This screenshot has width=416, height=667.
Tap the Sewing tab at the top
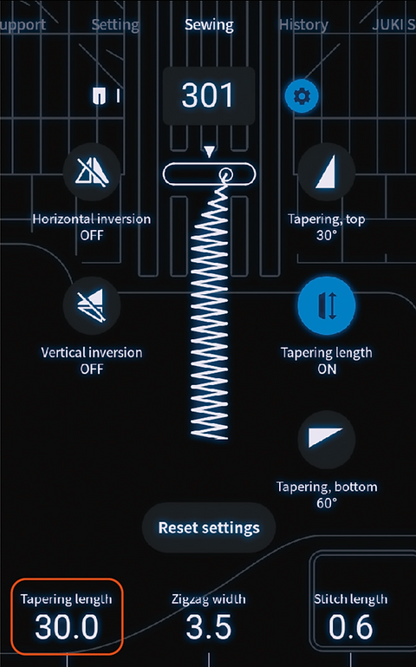click(x=209, y=24)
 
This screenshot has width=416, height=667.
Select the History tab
click(x=303, y=24)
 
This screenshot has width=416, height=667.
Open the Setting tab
click(x=115, y=25)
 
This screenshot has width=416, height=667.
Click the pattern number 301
click(x=208, y=95)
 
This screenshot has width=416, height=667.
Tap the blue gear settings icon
click(x=302, y=96)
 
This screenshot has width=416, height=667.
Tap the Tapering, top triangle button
click(x=327, y=173)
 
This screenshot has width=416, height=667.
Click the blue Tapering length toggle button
click(x=327, y=305)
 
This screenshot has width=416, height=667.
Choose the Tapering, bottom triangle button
click(x=327, y=439)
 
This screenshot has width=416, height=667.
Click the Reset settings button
click(x=209, y=527)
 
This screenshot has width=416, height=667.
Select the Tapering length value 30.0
click(x=67, y=627)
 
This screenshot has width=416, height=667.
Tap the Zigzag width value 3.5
click(x=209, y=627)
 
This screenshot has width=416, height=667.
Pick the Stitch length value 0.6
click(x=350, y=627)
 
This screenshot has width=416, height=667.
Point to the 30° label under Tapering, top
click(x=327, y=235)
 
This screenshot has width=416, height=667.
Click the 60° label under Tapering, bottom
click(x=327, y=503)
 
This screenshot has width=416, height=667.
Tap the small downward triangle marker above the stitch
click(x=209, y=152)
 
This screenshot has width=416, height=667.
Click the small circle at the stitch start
click(x=225, y=173)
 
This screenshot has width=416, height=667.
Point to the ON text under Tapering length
click(x=327, y=369)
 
